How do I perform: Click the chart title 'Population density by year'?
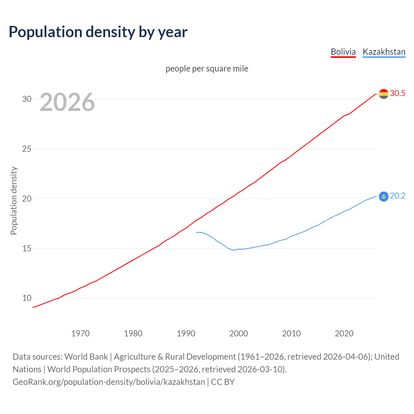98,32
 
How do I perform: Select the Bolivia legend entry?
343,52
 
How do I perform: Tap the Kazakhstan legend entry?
384,52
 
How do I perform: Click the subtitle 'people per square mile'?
207,69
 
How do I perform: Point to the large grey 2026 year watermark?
67,102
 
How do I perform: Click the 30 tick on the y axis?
27,99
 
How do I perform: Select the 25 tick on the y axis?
27,149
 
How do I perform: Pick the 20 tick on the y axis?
27,199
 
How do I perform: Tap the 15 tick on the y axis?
27,248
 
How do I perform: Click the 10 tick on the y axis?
27,298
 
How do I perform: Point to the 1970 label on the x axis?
80,333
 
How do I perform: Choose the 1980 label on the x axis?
133,333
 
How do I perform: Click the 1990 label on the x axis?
186,333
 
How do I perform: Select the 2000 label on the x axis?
238,333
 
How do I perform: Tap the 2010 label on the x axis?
291,333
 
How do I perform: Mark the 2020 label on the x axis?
344,333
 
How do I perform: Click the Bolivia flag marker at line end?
384,94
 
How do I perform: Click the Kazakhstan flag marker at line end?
384,196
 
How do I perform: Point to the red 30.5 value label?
398,93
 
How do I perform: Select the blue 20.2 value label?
398,196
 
